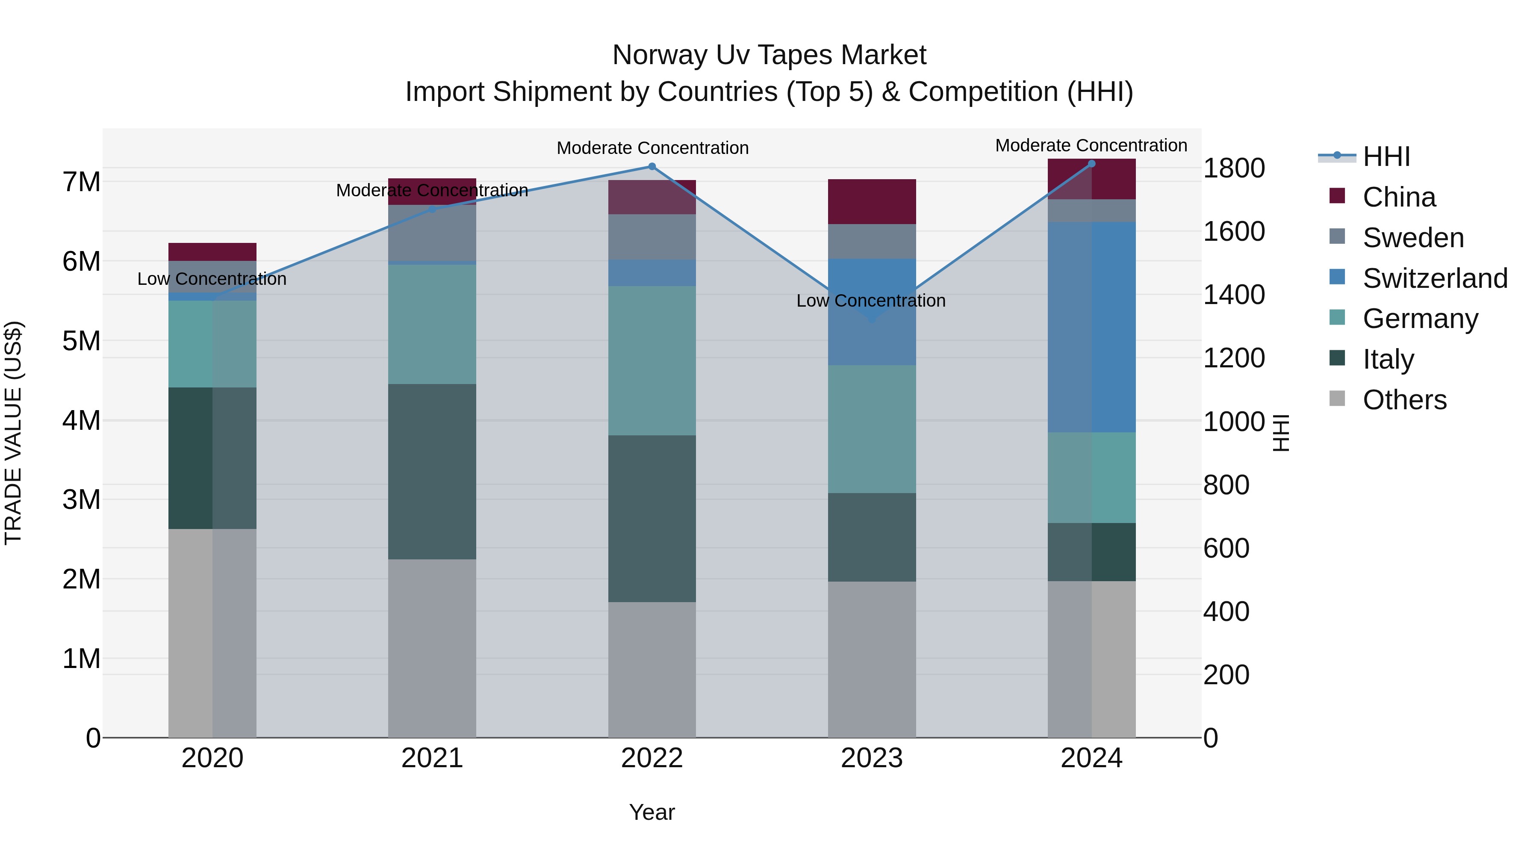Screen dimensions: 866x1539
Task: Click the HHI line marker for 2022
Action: (x=652, y=167)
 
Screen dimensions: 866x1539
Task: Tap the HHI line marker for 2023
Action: (x=872, y=319)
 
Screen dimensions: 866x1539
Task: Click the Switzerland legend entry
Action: (x=1434, y=278)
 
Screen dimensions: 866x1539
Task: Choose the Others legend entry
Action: (x=1404, y=400)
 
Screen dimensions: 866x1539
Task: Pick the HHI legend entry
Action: (x=1386, y=157)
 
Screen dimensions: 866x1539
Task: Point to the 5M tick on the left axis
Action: (x=81, y=341)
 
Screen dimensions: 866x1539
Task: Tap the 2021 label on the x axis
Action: (x=432, y=758)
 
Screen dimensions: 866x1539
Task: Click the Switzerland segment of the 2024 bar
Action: (x=1091, y=327)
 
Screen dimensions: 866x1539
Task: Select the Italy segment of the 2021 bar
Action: (x=432, y=472)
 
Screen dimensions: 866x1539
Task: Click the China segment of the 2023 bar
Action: (x=872, y=201)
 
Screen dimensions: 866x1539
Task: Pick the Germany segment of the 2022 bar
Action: (x=652, y=361)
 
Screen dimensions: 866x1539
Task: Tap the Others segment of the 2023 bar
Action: (x=872, y=659)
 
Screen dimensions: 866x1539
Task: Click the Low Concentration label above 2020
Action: (x=212, y=279)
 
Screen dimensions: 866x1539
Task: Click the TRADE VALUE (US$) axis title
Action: (x=13, y=433)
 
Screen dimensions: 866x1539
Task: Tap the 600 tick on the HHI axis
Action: (x=1226, y=549)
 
